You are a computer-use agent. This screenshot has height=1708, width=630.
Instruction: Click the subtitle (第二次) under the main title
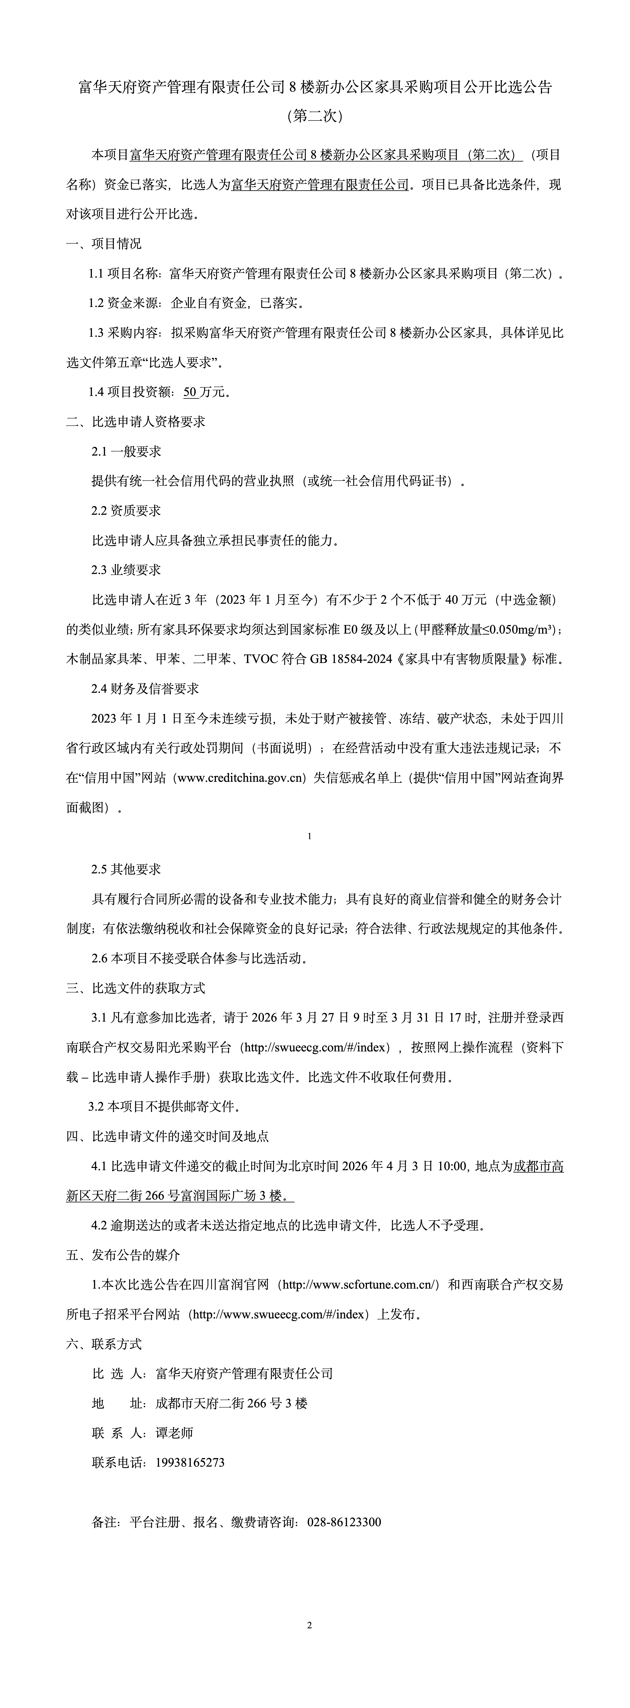click(315, 117)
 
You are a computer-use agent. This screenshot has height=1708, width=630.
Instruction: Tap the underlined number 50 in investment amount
click(190, 392)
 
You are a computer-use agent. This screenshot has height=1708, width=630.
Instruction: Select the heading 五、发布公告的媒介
click(122, 1255)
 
